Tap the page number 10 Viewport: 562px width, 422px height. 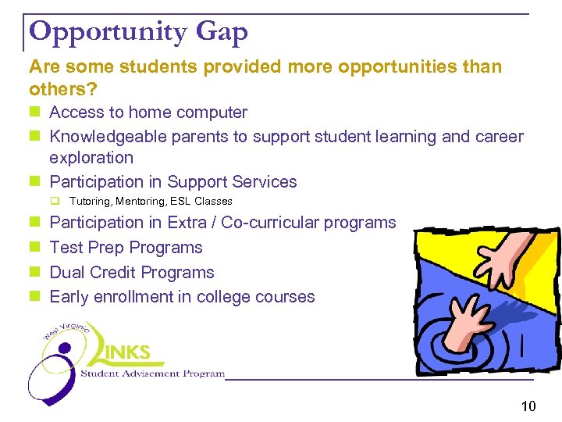click(x=528, y=406)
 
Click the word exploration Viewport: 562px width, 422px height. click(x=91, y=157)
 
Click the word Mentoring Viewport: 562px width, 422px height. click(x=141, y=202)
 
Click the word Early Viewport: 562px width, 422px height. click(x=69, y=297)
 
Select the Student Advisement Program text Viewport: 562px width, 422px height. click(x=152, y=374)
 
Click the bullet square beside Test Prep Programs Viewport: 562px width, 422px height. click(x=34, y=248)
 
